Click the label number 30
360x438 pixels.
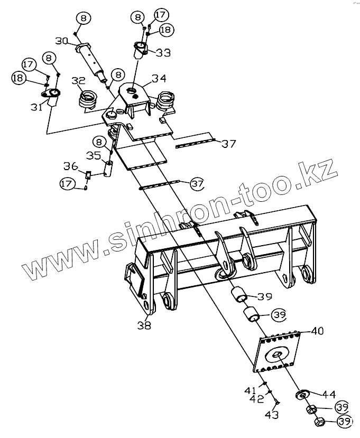coord(61,41)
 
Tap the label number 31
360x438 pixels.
coord(36,107)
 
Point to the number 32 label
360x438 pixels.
coord(78,81)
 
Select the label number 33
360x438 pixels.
coord(163,52)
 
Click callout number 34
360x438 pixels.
coord(159,79)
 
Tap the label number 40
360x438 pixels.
coord(317,331)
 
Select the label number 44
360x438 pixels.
coord(329,394)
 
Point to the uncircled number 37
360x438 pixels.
coord(228,144)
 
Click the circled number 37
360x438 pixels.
coord(197,183)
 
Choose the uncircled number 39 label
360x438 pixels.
coord(264,296)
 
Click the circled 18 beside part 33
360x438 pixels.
coord(165,30)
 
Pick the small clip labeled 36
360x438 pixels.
coord(88,175)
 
